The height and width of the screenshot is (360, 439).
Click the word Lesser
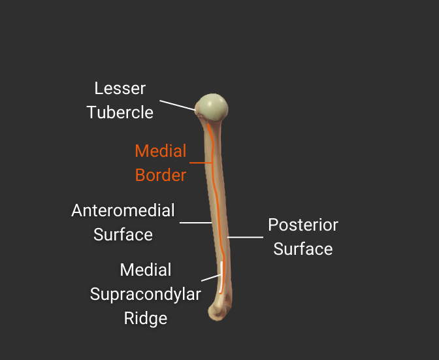(120, 88)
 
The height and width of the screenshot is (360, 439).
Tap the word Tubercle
(120, 112)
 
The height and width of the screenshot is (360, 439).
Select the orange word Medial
(161, 151)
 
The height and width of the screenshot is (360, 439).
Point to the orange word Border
(161, 175)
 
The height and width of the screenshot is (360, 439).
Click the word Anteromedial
(123, 210)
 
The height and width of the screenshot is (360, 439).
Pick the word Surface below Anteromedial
(123, 235)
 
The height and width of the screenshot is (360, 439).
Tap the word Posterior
(303, 225)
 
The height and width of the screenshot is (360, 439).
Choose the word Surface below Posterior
(303, 249)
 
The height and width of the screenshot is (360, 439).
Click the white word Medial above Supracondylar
(146, 270)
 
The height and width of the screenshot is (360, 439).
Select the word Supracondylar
(146, 294)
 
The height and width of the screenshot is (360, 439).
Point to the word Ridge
(146, 318)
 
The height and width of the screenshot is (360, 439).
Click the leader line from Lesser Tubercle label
(177, 105)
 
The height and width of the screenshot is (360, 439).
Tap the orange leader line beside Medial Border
(200, 163)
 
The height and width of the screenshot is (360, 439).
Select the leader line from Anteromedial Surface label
(195, 223)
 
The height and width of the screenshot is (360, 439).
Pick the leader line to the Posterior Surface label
(245, 237)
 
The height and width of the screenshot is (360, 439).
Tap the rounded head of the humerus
(213, 106)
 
